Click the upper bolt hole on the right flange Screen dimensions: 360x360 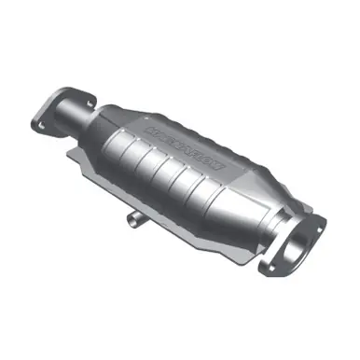(x=318, y=224)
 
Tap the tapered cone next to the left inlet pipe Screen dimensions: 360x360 (x=106, y=122)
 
